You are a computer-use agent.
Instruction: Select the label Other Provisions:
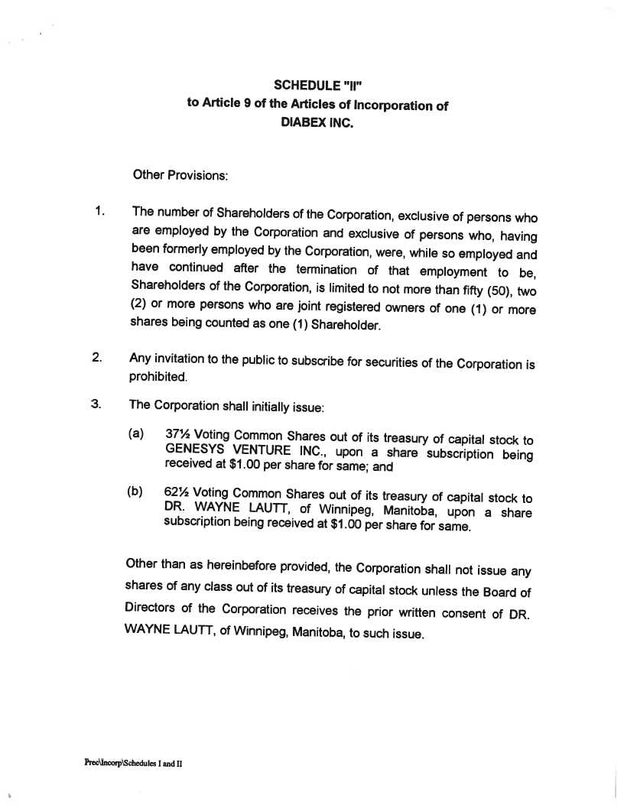tap(180, 175)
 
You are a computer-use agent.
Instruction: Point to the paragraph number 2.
tap(97, 357)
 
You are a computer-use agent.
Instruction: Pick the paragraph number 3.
tap(96, 404)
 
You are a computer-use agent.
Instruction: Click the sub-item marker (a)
tap(136, 433)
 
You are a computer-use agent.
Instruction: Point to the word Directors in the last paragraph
tap(151, 609)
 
